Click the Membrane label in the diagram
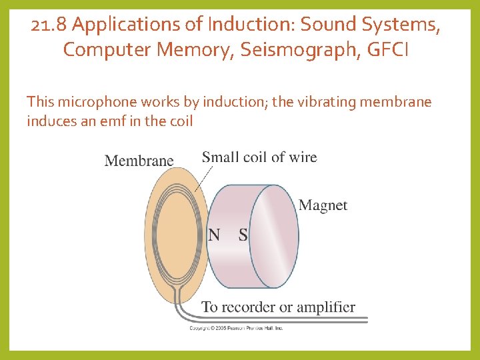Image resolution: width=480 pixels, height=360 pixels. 139,161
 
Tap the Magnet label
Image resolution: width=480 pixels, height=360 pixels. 323,205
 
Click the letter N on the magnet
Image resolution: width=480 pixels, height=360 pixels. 215,235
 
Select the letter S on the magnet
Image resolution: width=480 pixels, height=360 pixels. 243,235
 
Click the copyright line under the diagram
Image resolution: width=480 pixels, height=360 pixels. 237,328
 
